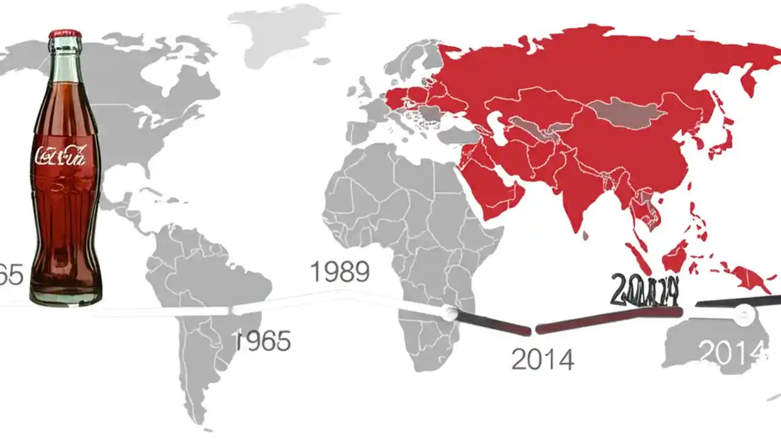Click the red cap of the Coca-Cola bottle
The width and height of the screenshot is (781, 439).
click(x=65, y=33)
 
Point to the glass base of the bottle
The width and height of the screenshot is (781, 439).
click(x=65, y=296)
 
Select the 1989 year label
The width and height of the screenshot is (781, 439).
click(x=339, y=272)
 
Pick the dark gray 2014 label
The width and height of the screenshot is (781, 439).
click(x=542, y=360)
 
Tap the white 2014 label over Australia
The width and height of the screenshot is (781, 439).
click(x=731, y=352)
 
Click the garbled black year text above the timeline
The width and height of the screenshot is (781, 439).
click(x=645, y=290)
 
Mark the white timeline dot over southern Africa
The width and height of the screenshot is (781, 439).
click(x=450, y=313)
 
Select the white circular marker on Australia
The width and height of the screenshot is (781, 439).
click(x=744, y=315)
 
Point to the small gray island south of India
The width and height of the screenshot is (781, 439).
click(x=586, y=235)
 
